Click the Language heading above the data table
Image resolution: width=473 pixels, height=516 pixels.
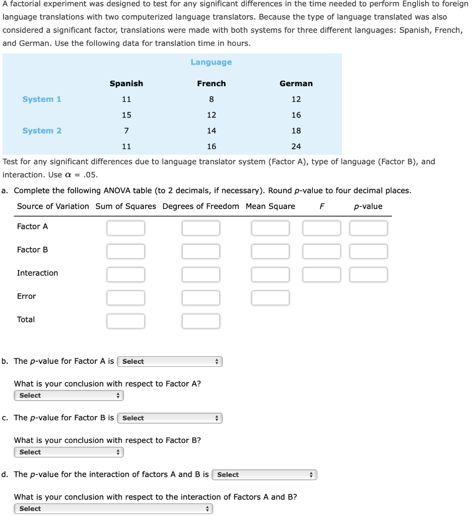coord(211,62)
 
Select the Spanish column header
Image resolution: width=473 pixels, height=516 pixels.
coord(126,83)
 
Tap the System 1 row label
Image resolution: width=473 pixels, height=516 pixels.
coord(42,99)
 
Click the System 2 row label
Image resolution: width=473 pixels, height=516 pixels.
coord(42,131)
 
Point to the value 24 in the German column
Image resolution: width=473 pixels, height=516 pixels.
coord(296,147)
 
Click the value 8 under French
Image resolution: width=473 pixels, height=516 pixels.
coord(212,99)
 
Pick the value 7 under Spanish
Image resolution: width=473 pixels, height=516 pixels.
coord(126,131)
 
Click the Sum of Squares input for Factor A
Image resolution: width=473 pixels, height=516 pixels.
coord(125,228)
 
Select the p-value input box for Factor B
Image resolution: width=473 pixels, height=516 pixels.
coord(368,251)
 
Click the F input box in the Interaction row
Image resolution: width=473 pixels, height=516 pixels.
coord(321,275)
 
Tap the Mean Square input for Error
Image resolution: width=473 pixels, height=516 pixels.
coord(271,298)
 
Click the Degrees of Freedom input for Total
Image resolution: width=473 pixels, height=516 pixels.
coord(200,321)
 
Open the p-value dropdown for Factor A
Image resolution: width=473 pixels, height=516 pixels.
coord(170,361)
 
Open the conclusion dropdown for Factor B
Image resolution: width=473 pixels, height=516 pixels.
coord(69,452)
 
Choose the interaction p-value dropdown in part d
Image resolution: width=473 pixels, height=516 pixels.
coord(264,475)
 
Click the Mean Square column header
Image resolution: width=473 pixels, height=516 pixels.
coord(271,206)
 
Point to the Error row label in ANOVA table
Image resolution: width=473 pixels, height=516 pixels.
coord(27,296)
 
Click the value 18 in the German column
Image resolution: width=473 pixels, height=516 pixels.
coord(296,131)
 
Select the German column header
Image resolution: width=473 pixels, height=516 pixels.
coord(296,83)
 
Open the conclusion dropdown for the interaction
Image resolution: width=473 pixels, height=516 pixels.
coord(113,508)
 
